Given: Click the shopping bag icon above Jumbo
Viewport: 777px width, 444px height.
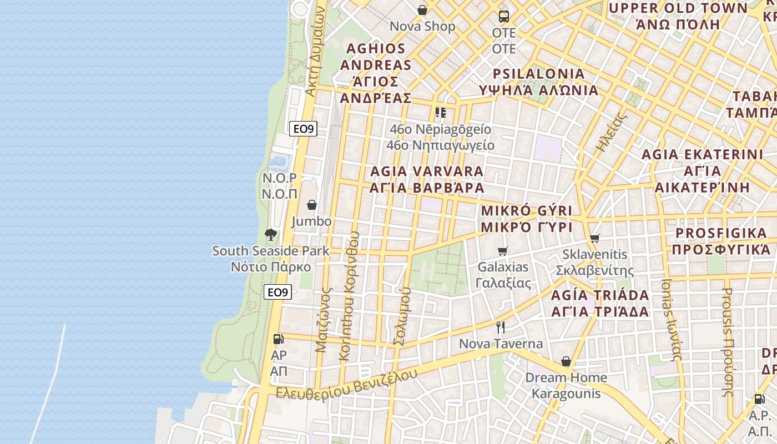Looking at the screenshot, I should (x=312, y=205).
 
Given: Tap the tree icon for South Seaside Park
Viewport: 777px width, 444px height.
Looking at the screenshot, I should (x=271, y=235).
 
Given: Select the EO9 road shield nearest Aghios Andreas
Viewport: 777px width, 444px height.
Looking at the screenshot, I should (x=304, y=129).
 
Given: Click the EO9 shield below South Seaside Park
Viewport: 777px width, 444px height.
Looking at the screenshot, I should (x=277, y=292).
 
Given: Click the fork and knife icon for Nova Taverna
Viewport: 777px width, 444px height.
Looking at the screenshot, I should (x=501, y=327).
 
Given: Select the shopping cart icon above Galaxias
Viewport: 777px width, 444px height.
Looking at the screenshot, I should (x=503, y=251).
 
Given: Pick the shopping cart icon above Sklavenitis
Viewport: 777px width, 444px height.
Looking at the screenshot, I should (x=595, y=238).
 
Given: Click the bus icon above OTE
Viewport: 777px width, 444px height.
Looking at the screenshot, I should (x=504, y=17).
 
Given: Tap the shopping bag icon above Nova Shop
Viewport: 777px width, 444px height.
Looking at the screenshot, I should (x=422, y=10).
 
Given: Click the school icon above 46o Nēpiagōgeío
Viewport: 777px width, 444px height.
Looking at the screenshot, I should (x=441, y=113).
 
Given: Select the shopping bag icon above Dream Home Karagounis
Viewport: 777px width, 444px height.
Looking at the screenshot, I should (x=566, y=361).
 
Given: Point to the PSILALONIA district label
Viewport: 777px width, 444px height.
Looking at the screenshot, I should (x=539, y=74).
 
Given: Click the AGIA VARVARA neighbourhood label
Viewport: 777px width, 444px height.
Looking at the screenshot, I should (x=427, y=171).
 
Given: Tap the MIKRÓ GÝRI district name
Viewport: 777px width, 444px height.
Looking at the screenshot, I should (x=526, y=211).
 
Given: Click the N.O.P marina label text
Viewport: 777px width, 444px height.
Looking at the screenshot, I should (x=280, y=178).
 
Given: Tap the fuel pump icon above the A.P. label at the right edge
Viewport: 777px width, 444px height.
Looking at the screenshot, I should (x=759, y=398).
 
